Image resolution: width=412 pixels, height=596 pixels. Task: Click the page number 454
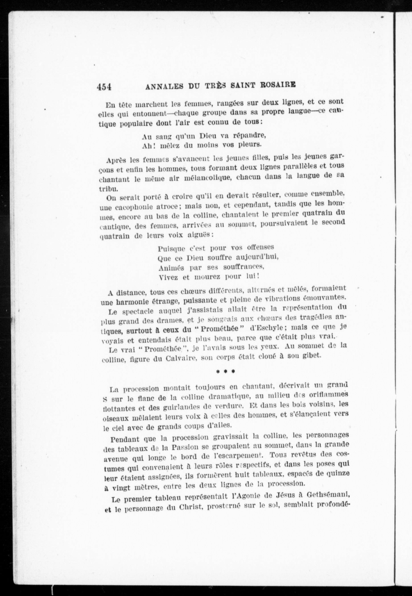pyautogui.click(x=104, y=87)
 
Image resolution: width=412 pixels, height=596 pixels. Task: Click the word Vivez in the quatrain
pyautogui.click(x=168, y=278)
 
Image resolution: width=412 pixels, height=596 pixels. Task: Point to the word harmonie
pyautogui.click(x=132, y=302)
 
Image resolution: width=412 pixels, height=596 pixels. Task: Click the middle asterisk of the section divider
pyautogui.click(x=225, y=371)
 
